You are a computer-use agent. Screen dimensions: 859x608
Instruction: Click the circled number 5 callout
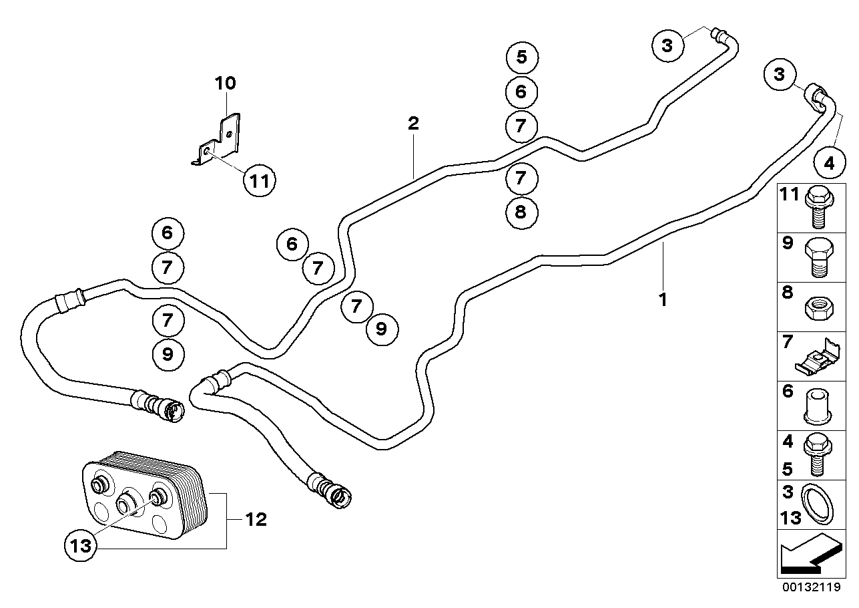[522, 57]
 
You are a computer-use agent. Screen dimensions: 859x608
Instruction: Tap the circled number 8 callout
[521, 212]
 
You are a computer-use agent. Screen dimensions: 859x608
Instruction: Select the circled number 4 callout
[830, 163]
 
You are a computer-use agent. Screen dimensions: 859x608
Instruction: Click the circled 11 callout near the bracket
[260, 180]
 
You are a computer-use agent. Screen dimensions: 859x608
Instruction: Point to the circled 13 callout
[81, 545]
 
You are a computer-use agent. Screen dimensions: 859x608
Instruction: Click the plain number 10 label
[225, 83]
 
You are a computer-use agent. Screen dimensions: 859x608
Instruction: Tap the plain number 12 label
[256, 520]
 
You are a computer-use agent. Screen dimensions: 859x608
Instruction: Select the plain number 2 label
[413, 124]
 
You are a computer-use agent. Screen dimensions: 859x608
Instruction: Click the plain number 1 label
[663, 299]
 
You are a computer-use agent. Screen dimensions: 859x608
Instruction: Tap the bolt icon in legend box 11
[818, 207]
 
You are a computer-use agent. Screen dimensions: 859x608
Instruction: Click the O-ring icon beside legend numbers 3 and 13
[818, 504]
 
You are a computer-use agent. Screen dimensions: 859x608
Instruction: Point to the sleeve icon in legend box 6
[818, 407]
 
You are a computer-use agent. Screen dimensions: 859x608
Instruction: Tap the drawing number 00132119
[812, 587]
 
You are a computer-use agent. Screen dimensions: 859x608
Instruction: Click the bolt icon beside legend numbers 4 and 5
[818, 455]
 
